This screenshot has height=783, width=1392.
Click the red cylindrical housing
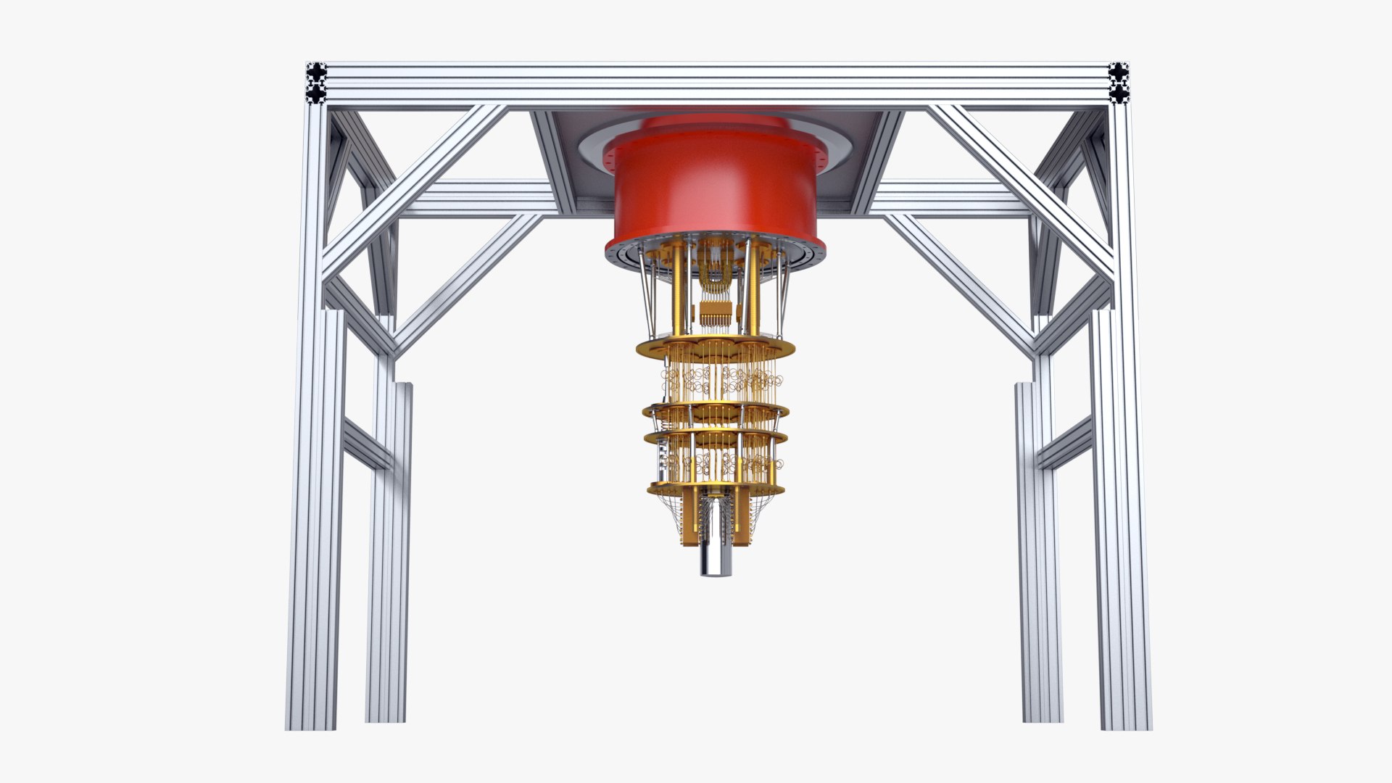coord(714,188)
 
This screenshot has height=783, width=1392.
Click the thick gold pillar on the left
coord(678,290)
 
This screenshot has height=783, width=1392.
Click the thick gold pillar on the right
coord(754,290)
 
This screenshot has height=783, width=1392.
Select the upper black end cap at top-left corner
coord(317,72)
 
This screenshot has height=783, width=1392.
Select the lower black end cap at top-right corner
coord(1119,94)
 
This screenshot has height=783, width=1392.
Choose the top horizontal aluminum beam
coord(714,83)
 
